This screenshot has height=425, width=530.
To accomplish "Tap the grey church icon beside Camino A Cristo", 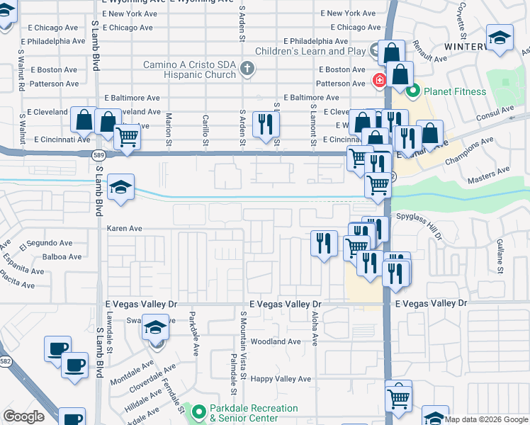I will point(247,69).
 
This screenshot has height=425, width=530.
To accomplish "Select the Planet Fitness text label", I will point(455,91).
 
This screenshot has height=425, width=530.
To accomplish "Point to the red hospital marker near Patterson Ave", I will point(380,80).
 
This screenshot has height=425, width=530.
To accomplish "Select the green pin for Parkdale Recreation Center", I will point(198,411).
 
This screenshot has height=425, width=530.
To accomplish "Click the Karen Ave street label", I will point(125,229).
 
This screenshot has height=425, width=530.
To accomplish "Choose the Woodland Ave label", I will point(276,341).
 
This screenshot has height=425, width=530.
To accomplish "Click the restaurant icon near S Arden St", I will point(266,125).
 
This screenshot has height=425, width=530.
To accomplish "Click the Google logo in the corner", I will point(23,416).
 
